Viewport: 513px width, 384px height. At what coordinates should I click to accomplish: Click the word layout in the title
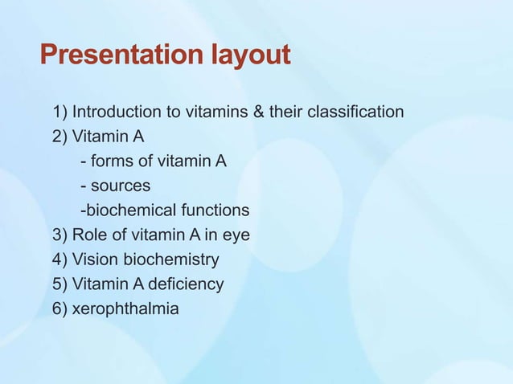coord(250,55)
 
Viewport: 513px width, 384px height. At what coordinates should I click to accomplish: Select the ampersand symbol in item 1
coord(258,112)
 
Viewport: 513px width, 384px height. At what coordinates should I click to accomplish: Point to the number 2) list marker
coord(60,137)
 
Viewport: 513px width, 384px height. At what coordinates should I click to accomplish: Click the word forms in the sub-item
coord(113,161)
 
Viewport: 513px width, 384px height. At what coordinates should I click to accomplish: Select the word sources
coord(121,186)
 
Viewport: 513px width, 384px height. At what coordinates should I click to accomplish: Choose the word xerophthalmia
coord(125,308)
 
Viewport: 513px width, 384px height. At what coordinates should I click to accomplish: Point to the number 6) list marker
coord(60,308)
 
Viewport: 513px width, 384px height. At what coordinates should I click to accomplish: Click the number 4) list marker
coord(60,259)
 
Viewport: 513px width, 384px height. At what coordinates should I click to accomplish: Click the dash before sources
coord(83,186)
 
